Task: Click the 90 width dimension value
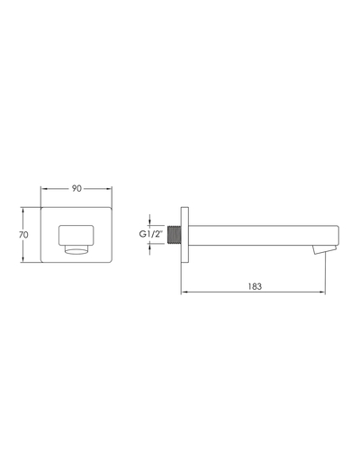pos(76,188)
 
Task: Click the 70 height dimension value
pos(23,235)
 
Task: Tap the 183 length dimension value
pos(255,286)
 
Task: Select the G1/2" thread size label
pos(150,234)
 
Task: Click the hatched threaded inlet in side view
pos(174,235)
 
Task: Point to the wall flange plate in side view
pos(184,235)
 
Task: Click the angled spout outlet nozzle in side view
pos(324,249)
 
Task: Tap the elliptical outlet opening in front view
pos(76,250)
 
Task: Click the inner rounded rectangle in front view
pos(76,235)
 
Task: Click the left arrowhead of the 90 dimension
pos(43,189)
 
